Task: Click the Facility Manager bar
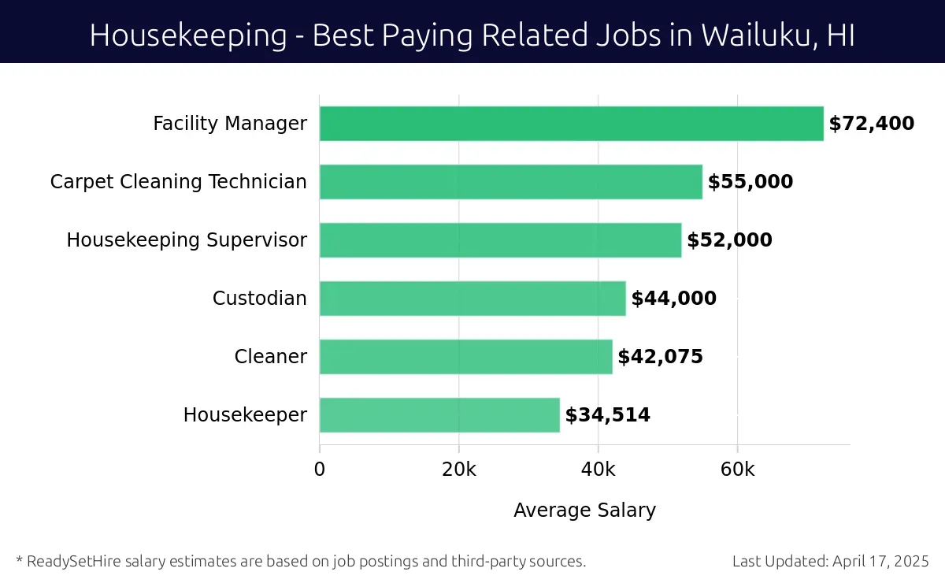click(571, 124)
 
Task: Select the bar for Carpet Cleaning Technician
click(510, 182)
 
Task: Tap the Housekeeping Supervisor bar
click(500, 240)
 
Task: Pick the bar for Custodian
click(472, 299)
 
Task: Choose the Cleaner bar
click(465, 357)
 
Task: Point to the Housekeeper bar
click(439, 415)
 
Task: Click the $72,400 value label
click(871, 124)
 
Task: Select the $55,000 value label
click(750, 182)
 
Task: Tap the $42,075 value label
click(660, 357)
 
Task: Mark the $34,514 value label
click(607, 415)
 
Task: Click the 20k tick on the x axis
click(458, 470)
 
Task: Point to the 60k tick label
click(737, 470)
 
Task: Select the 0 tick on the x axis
click(320, 470)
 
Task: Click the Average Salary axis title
click(584, 511)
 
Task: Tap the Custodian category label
click(259, 299)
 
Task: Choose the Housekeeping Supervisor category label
click(187, 240)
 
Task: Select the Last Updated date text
click(831, 562)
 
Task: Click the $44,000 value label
click(673, 299)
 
